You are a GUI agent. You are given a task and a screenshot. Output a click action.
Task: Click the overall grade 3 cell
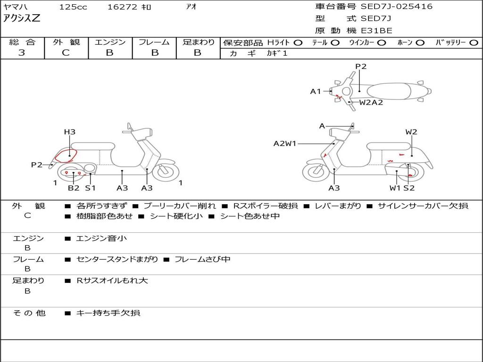click(x=22, y=53)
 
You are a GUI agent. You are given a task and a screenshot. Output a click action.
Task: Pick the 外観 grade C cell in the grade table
click(x=66, y=53)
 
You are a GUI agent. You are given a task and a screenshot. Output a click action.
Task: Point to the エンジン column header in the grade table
click(x=110, y=42)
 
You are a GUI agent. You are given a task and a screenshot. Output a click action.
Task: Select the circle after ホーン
click(x=420, y=43)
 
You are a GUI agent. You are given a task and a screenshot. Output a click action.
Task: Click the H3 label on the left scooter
click(x=69, y=132)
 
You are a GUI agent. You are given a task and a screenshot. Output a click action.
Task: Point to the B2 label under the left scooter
click(x=74, y=188)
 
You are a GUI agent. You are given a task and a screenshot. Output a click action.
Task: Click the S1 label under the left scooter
click(x=90, y=188)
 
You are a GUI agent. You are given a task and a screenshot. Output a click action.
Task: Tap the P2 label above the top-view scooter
click(x=361, y=66)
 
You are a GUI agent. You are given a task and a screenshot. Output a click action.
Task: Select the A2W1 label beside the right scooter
click(x=285, y=143)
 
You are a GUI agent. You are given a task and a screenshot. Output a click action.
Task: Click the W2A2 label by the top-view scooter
click(x=371, y=102)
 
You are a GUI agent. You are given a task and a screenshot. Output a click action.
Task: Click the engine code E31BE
click(x=376, y=31)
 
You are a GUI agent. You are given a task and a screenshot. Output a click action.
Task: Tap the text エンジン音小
click(x=101, y=239)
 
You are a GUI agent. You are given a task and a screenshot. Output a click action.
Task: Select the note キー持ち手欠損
click(x=108, y=313)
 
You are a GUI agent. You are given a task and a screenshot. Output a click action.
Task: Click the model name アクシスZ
click(x=22, y=19)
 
